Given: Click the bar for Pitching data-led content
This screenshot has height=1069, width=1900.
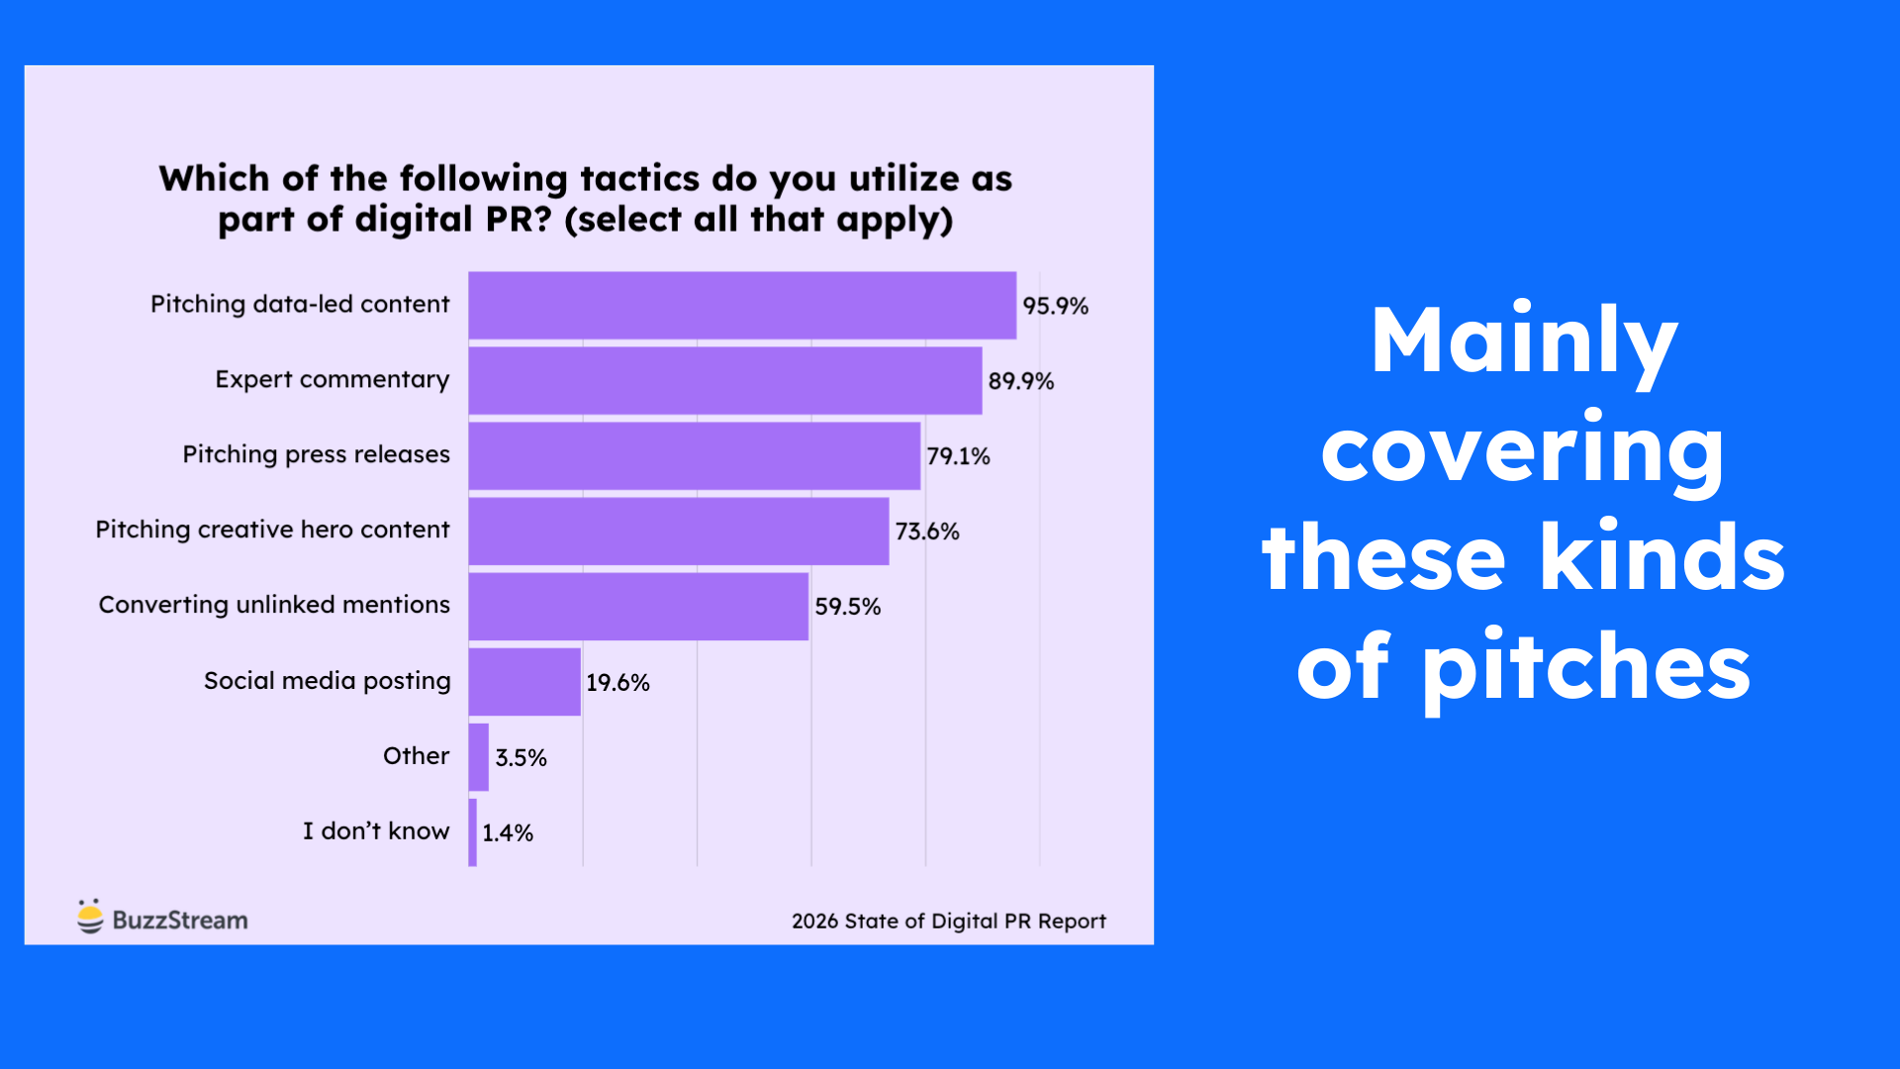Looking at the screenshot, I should (742, 306).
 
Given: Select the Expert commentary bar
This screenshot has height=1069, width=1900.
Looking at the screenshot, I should (725, 381).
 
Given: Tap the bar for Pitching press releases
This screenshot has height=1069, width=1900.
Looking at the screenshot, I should (695, 456).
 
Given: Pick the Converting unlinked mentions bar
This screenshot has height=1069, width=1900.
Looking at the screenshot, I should (638, 607).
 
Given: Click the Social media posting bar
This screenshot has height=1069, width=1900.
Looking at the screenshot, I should (524, 682).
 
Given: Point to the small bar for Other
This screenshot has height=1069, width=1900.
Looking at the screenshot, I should (479, 757).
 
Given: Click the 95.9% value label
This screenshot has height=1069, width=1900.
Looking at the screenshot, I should (1055, 306).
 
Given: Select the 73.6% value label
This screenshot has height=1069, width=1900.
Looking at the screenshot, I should (927, 532).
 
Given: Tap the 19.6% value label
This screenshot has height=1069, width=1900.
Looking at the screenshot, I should (617, 683).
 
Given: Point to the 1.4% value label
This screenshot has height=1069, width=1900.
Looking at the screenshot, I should (508, 833).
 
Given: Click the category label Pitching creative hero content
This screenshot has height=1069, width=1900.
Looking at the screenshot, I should (272, 530).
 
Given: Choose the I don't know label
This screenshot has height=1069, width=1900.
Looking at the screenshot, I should (376, 831).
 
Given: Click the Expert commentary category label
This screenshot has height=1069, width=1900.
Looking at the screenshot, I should (332, 379).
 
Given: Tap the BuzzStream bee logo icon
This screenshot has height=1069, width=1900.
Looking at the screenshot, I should (90, 917).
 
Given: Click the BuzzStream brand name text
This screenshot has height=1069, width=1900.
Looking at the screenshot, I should (180, 921).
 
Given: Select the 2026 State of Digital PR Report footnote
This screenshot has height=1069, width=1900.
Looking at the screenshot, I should (948, 922).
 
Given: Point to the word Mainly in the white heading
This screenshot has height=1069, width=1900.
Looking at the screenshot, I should (1523, 341).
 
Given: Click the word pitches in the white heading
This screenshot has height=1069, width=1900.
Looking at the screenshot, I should (1586, 669).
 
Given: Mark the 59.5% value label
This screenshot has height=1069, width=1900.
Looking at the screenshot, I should (847, 607).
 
